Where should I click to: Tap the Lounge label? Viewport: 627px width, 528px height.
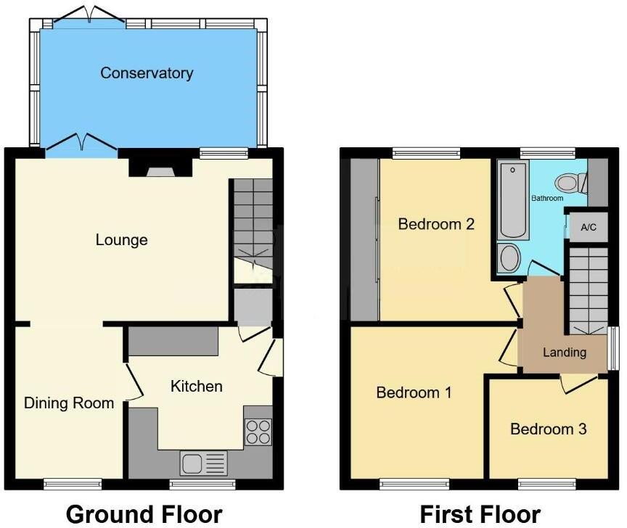click(122, 239)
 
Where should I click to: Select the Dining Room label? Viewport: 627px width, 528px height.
click(70, 403)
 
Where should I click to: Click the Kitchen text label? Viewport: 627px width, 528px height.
click(196, 386)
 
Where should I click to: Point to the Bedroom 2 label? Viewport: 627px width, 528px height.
click(436, 224)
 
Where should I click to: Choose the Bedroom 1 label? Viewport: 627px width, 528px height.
click(414, 393)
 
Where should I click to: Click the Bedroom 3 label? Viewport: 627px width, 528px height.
click(548, 429)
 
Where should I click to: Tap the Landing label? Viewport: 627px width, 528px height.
click(565, 352)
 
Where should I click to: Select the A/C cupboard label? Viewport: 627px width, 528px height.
click(589, 228)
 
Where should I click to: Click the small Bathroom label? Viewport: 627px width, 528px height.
click(546, 198)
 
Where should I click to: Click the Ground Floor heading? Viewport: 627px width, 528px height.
click(144, 514)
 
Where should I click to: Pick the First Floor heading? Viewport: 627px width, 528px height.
click(480, 514)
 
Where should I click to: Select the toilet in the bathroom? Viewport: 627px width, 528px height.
click(569, 182)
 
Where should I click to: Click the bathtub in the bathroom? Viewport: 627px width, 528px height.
click(512, 201)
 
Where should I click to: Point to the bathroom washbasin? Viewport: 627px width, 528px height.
click(511, 258)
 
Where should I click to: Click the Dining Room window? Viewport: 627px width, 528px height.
click(72, 483)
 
